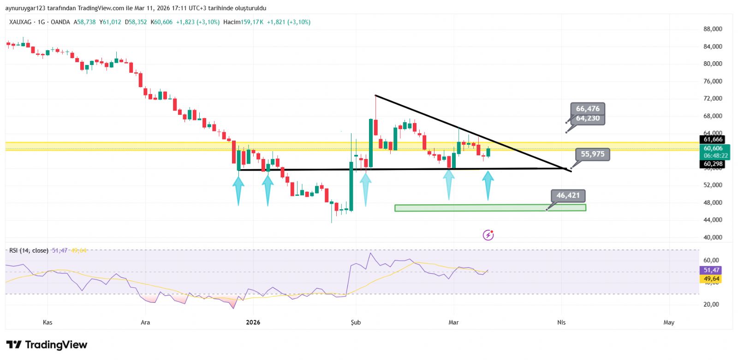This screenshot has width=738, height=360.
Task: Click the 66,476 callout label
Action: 588,109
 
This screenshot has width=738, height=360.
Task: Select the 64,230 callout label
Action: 588,118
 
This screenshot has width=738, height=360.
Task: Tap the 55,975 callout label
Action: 592,154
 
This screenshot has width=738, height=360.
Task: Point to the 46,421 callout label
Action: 568,195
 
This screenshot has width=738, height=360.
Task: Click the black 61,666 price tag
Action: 713,139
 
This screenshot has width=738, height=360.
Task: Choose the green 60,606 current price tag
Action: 713,148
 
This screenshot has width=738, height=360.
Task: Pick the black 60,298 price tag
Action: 713,164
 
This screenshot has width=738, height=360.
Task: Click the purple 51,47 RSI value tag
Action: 711,270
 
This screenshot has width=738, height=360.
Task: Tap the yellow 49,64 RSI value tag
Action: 711,279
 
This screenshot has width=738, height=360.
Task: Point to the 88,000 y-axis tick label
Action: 713,29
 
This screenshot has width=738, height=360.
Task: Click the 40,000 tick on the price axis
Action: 713,237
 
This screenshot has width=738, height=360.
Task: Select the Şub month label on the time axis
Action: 356,322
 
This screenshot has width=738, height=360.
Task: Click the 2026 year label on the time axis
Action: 253,322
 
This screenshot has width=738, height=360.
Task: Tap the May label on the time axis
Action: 669,322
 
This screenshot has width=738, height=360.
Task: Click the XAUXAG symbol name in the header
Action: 20,22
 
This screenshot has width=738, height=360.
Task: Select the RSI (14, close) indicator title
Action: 29,250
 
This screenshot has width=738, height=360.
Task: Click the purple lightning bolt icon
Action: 488,235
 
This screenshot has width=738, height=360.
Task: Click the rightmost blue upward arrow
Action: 488,185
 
